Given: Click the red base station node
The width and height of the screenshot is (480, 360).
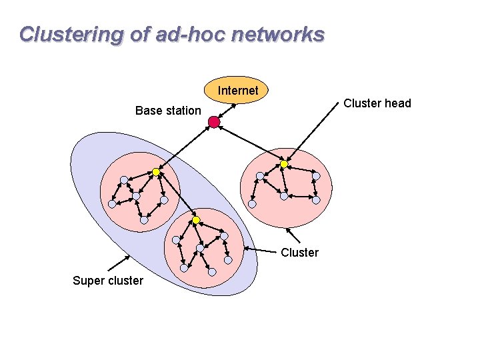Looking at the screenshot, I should coord(213,122).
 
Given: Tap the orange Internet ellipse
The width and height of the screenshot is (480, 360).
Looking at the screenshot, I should coord(238,89).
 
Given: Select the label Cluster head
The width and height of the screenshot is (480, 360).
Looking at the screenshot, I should coord(377,103).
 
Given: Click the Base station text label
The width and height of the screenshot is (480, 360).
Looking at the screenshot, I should coord(168,111).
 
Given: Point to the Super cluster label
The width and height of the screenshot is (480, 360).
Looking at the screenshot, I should coord(107,281).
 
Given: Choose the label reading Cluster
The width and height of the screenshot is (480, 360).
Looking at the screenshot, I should coord(300,253).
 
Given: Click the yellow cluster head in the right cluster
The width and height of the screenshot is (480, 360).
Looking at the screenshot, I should coord(283,164).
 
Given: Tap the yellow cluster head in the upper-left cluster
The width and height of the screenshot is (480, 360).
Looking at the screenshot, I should coord(156,172).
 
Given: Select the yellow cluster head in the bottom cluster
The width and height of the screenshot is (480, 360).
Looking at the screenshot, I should coord(196,220).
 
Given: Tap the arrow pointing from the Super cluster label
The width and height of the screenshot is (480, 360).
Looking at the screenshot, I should coord(120,263).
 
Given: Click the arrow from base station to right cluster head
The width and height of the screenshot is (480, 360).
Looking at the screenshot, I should coord(248,143).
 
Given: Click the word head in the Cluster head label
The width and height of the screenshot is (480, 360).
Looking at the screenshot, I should coord(398,103).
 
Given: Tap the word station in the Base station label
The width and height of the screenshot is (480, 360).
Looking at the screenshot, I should coord(182,111).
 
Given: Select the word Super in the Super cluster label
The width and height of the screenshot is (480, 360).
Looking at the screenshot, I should coord(89,281).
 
